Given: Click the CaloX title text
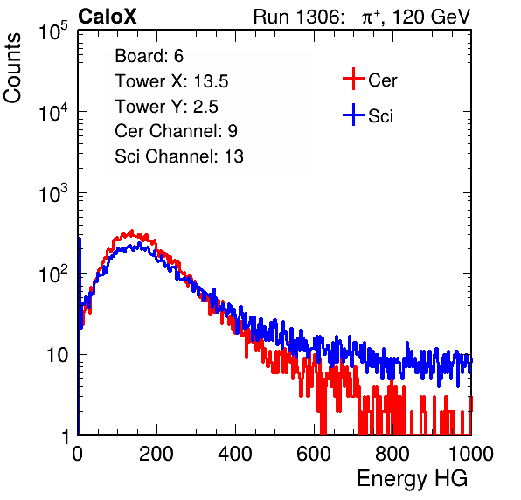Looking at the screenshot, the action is tap(107, 17).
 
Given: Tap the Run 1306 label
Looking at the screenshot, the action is tap(298, 17).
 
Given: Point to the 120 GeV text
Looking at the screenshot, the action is tap(432, 17).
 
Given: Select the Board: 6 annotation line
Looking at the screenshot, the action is tap(149, 56).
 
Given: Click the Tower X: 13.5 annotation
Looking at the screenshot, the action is tap(171, 81).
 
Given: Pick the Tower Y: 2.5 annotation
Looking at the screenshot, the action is tap(166, 107).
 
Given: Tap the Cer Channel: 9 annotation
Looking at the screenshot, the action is tap(176, 131).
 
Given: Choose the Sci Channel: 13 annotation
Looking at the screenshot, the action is tap(179, 156).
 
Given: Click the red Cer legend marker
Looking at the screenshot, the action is tap(353, 79).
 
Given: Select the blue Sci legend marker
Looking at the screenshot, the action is tap(353, 115).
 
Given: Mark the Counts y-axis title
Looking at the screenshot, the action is tap(12, 68).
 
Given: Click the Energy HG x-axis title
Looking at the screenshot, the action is tap(412, 479).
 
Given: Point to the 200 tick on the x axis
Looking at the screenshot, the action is tap(156, 454).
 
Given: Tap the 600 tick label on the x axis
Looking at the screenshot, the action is tap(314, 454).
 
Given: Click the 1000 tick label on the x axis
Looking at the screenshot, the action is tap(471, 454).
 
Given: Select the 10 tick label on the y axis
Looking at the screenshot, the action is tap(57, 355).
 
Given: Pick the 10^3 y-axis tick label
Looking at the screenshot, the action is tap(53, 192).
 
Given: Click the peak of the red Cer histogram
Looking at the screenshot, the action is tap(132, 231).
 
